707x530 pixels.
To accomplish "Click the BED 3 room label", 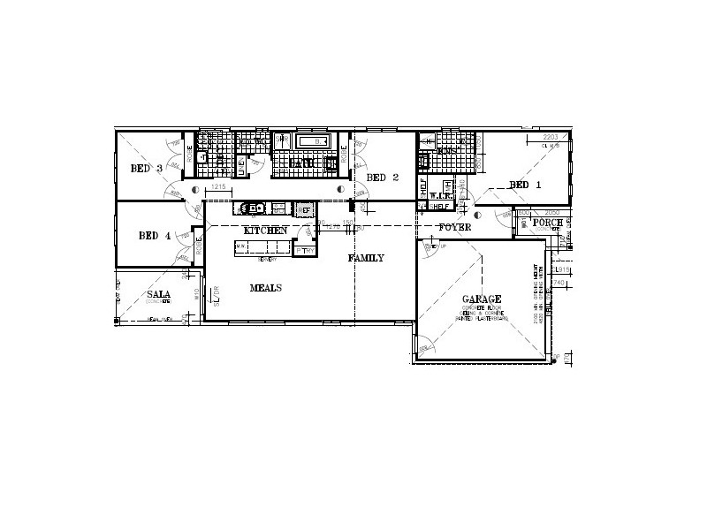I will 147,169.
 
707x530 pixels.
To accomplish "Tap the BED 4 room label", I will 156,236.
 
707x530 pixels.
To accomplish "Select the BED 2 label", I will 383,178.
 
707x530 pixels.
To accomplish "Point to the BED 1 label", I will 525,185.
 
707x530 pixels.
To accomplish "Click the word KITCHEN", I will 266,231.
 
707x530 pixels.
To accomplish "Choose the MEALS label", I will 265,288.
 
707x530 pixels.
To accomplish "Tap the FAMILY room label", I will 366,258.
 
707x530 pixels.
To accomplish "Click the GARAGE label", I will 482,299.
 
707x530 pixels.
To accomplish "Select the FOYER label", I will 455,228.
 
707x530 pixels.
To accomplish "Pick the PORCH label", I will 548,223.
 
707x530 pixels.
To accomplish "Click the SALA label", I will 159,294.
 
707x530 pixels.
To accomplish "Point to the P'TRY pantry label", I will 305,251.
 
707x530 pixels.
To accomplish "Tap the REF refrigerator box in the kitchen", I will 305,209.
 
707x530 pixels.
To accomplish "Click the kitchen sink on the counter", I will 255,208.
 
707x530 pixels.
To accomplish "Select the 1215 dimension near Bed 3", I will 219,188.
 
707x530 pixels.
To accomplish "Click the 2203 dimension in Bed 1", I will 551,137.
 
